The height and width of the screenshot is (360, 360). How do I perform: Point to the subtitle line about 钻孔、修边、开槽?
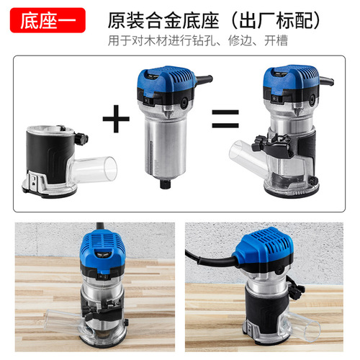(x=197, y=41)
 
